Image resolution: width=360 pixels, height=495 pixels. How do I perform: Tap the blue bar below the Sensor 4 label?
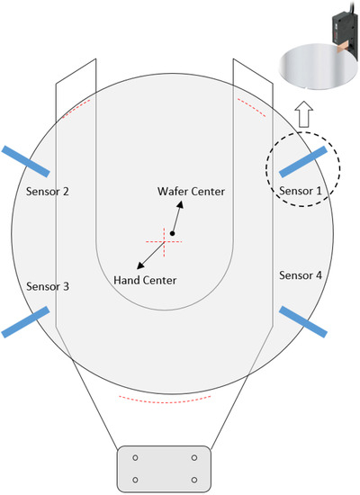[x=303, y=322]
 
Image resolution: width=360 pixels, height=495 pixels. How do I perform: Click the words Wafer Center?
[x=191, y=193]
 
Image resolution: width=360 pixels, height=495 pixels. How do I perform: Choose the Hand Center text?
[x=145, y=281]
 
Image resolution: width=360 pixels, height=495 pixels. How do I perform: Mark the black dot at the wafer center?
[x=172, y=234]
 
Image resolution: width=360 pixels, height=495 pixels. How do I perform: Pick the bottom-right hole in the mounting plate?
[x=193, y=479]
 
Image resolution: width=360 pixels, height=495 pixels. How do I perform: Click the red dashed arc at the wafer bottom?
[x=166, y=395]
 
